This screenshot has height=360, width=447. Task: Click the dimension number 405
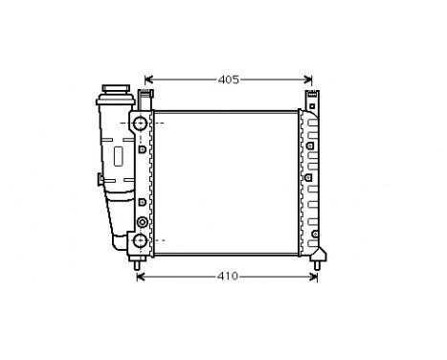click(227, 79)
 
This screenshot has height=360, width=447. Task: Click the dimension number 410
click(227, 277)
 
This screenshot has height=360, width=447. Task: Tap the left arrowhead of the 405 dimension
click(147, 79)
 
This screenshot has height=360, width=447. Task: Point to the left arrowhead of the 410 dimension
click(141, 277)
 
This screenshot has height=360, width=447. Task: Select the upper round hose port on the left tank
click(141, 124)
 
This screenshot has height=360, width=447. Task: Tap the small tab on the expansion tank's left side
click(98, 179)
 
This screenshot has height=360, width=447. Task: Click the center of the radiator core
click(226, 182)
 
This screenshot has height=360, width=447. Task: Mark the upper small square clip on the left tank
click(142, 149)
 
